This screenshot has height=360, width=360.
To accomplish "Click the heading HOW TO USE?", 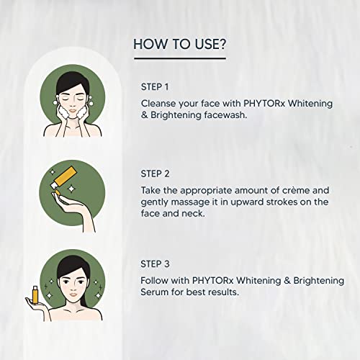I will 180,44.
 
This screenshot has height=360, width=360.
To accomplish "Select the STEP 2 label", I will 158,174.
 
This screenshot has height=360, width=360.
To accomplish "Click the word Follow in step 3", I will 157,279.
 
